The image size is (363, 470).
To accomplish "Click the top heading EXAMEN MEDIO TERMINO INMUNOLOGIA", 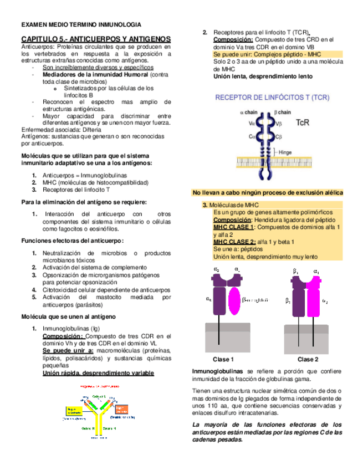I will pyautogui.click(x=81, y=25).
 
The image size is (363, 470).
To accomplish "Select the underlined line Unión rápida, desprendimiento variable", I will pyautogui.click(x=99, y=373).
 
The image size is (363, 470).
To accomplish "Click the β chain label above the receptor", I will pyautogui.click(x=284, y=113).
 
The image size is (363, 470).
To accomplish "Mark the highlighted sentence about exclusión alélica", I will pyautogui.click(x=268, y=192).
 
